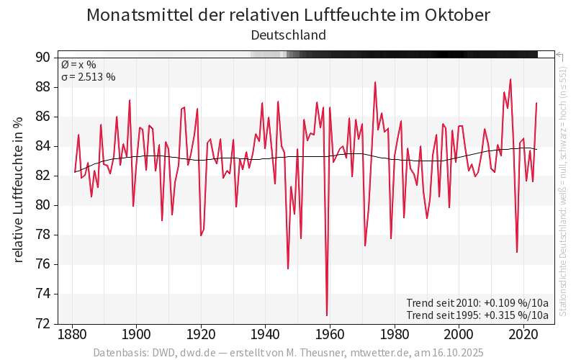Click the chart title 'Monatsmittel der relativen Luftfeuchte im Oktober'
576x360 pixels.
coord(288,15)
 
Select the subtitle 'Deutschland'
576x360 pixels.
coord(288,35)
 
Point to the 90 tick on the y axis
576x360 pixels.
coord(42,58)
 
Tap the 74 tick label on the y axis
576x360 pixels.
coord(42,294)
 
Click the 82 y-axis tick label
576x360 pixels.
coord(42,176)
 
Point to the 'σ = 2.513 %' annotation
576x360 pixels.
coord(88,77)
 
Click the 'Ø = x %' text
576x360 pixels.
coord(78,65)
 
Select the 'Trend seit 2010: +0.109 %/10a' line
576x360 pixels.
coord(477,302)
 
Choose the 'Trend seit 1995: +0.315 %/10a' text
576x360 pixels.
coord(477,315)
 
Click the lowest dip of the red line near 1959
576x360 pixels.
coord(327,315)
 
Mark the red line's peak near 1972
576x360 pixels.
coord(375,82)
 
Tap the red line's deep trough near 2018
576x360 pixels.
coord(517,252)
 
